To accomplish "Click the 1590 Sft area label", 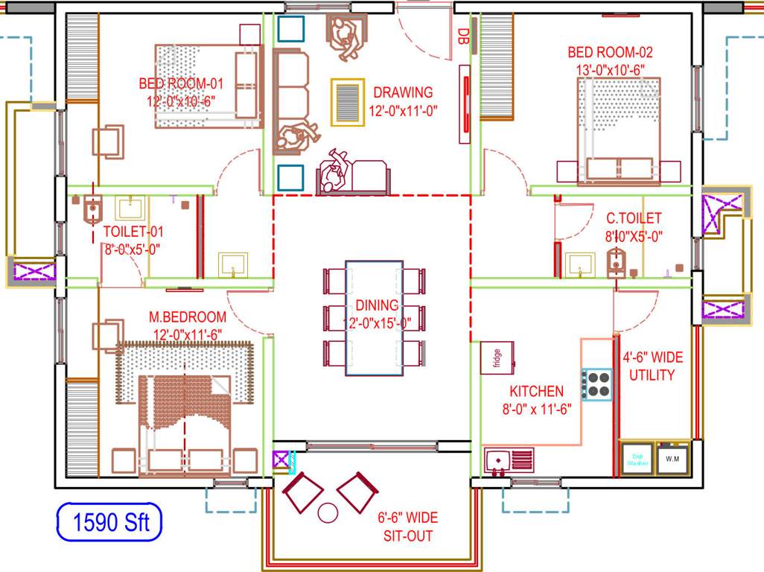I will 110,522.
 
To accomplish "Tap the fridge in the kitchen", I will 496,357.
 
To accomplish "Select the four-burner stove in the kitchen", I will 597,384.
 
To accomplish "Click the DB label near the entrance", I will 463,36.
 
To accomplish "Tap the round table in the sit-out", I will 328,512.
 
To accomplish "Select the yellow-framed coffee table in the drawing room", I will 348,101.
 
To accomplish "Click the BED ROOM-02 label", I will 610,52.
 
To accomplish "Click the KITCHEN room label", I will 536,391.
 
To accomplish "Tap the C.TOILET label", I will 633,218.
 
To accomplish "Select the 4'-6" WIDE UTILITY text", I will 652,366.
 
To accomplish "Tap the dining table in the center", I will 375,317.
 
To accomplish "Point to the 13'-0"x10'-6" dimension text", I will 610,69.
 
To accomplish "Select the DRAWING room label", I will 403,92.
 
